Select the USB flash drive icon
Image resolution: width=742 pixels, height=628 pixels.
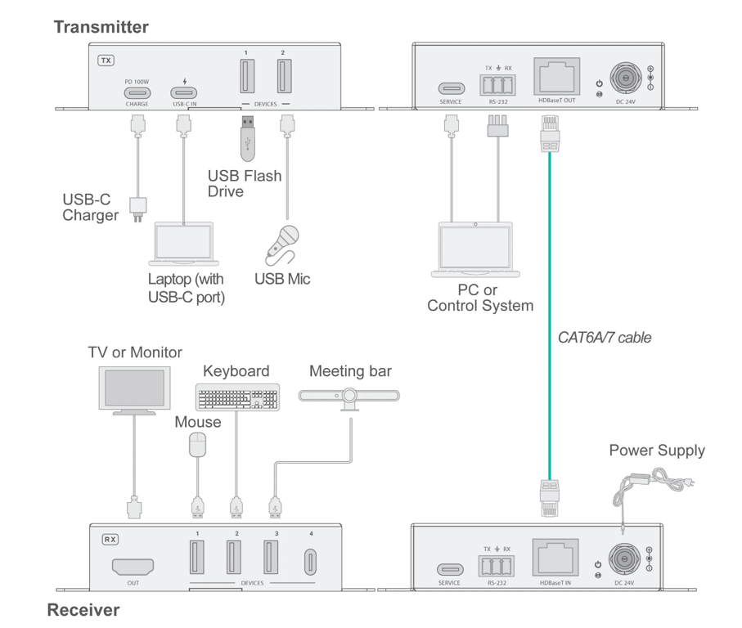248,137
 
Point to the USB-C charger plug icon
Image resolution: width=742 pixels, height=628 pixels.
139,208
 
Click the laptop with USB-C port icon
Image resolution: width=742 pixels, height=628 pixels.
183,244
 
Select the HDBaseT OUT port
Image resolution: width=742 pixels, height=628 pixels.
556,77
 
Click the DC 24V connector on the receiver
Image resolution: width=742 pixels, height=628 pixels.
625,560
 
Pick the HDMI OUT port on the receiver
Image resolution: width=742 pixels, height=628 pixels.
133,566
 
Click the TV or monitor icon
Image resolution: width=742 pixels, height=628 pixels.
134,390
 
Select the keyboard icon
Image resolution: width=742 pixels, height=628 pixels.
237,397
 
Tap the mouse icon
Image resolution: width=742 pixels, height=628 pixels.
197,446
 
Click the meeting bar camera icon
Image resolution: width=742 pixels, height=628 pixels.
349,397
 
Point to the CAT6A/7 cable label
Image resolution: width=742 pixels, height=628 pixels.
605,337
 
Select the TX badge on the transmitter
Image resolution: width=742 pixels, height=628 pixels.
106,61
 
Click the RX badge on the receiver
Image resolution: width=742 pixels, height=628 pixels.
110,540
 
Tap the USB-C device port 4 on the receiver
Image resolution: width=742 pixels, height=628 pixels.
311,563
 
